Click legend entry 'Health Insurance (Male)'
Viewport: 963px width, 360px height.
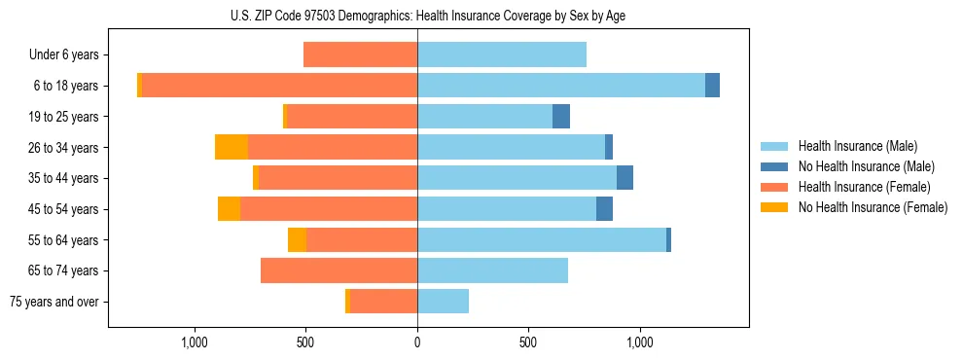pyautogui.click(x=857, y=146)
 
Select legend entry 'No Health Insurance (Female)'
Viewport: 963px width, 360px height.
pyautogui.click(x=873, y=207)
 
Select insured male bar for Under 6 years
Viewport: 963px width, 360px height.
pyautogui.click(x=502, y=54)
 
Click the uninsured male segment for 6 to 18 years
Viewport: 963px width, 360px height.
pyautogui.click(x=712, y=86)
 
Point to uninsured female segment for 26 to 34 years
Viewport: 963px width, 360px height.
pyautogui.click(x=232, y=147)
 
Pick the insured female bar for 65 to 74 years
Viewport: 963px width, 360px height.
pyautogui.click(x=339, y=270)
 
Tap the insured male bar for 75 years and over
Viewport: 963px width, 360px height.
pyautogui.click(x=443, y=302)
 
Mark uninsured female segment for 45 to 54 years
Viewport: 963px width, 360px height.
pyautogui.click(x=229, y=209)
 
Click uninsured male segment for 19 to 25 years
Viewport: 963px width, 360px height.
pyautogui.click(x=561, y=117)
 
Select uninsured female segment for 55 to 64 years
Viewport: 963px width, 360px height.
pyautogui.click(x=297, y=239)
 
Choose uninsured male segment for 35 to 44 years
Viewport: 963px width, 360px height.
pyautogui.click(x=624, y=178)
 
